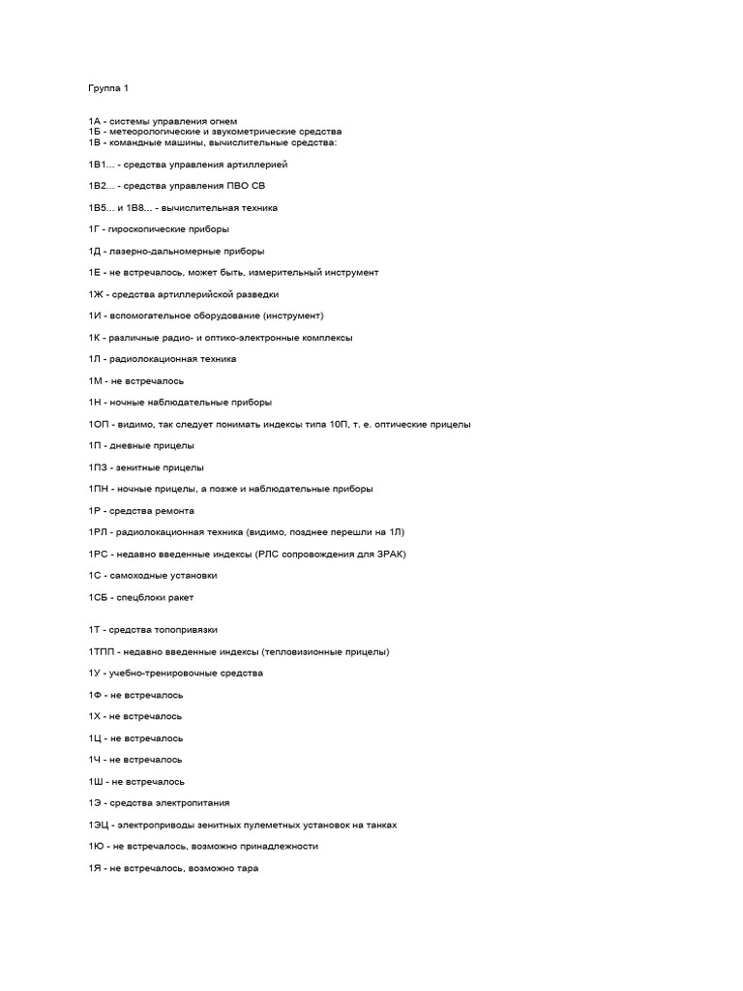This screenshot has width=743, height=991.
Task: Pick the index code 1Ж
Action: [x=96, y=294]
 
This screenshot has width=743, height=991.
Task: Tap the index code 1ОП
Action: [x=99, y=424]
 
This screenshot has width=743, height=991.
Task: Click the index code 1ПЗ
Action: [x=98, y=467]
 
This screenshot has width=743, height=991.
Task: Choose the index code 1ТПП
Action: [x=103, y=652]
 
